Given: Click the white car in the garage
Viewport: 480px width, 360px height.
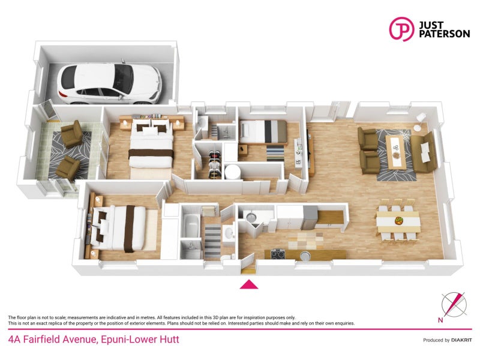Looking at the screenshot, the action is point(110,82).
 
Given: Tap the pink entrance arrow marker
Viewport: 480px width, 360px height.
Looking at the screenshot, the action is point(249,284).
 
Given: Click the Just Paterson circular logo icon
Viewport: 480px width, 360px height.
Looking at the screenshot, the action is point(401,29).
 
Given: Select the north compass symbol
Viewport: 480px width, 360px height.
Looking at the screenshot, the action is point(454,305).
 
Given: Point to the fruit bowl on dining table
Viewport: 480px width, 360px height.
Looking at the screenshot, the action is point(398,220).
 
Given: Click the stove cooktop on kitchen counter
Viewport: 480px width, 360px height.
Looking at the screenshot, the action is point(278,254).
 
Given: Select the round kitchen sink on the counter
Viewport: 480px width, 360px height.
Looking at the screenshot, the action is point(305,255).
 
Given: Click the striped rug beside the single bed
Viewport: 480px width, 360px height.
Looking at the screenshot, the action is point(275,153).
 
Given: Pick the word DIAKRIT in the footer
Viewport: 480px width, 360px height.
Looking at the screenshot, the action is point(461,340).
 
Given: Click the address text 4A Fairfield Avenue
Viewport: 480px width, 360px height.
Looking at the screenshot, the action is point(52,339).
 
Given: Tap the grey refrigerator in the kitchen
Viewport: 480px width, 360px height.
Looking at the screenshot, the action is point(310,217).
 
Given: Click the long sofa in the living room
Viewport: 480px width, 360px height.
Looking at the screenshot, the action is point(424,152).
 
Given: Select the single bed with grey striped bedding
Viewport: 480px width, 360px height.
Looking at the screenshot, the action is point(263,131).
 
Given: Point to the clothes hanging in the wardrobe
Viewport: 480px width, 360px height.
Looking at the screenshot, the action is point(215,164).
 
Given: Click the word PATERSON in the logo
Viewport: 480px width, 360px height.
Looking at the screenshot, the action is point(444,34).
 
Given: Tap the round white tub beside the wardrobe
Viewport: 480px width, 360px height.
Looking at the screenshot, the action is point(232,172).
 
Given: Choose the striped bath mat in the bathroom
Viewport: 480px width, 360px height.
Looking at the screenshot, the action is point(212,239).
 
